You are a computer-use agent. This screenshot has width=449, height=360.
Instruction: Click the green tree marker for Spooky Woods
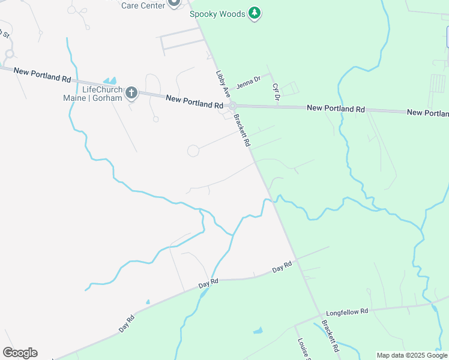click(255, 13)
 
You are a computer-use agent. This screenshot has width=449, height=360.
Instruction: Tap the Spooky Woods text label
click(218, 13)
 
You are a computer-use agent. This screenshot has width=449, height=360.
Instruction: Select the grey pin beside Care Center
click(174, 3)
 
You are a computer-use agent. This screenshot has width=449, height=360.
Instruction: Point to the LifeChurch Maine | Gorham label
click(93, 94)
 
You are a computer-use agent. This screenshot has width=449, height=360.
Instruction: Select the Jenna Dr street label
click(249, 80)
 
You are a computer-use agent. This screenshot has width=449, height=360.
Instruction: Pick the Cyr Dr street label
click(276, 93)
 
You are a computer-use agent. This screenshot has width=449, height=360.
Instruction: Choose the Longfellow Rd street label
click(346, 313)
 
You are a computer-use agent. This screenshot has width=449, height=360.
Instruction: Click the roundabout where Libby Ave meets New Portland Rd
click(233, 106)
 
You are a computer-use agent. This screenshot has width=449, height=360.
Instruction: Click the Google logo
click(20, 353)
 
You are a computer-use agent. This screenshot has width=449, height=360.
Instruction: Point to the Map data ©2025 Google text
click(412, 355)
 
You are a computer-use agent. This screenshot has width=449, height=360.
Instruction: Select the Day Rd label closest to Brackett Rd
click(282, 267)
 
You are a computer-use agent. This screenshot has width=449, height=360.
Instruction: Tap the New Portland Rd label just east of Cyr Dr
click(336, 109)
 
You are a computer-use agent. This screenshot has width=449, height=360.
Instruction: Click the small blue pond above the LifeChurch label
click(110, 80)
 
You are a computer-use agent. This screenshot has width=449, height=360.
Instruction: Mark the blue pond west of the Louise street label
click(258, 330)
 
